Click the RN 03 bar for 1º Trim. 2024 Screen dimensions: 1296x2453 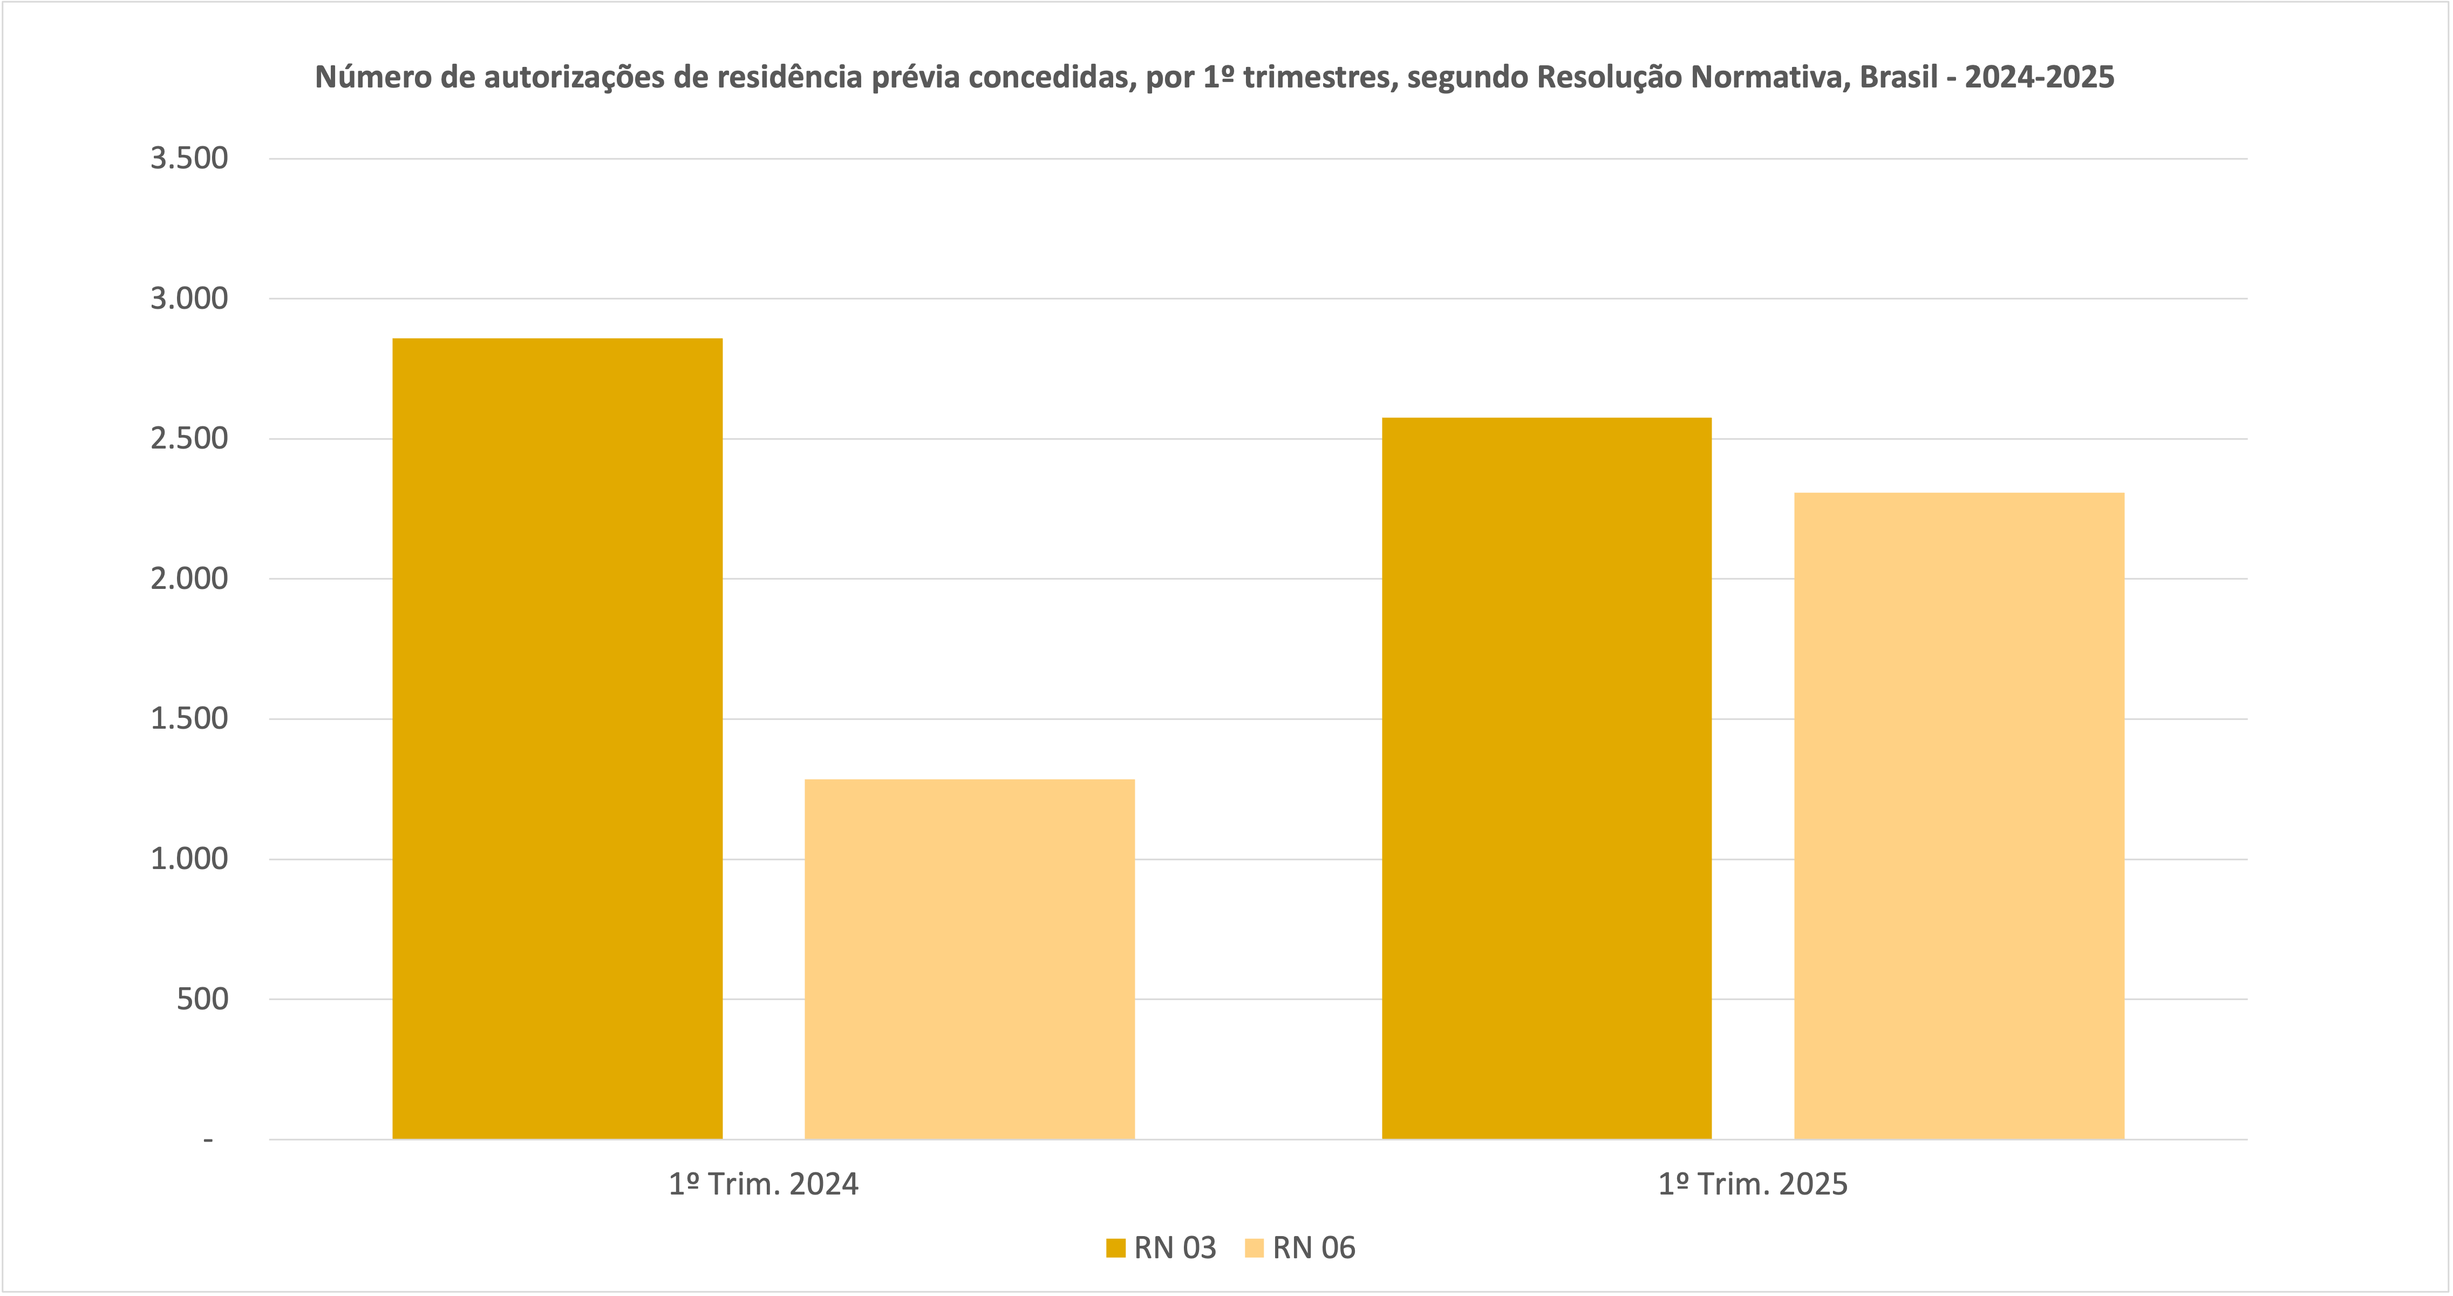[557, 738]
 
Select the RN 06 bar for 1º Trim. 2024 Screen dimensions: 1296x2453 [970, 959]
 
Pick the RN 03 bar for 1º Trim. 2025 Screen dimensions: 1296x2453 [1546, 778]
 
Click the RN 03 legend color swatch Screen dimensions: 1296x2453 [1115, 1248]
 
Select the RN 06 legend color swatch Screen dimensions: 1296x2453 [1254, 1248]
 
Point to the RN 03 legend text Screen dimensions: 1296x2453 [1175, 1248]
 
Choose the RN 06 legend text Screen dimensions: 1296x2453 [1314, 1248]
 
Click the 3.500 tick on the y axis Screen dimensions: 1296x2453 [189, 158]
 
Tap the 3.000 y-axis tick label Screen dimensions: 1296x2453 [189, 299]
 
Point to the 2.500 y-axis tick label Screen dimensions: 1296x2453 [189, 439]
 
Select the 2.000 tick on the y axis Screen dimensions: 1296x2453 [189, 579]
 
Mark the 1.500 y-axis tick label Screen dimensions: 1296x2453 [189, 719]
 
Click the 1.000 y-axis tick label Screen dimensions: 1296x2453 [189, 859]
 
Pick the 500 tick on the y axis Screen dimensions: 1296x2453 [203, 999]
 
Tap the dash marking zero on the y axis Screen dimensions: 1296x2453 [208, 1140]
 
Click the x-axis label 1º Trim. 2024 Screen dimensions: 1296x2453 [764, 1185]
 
